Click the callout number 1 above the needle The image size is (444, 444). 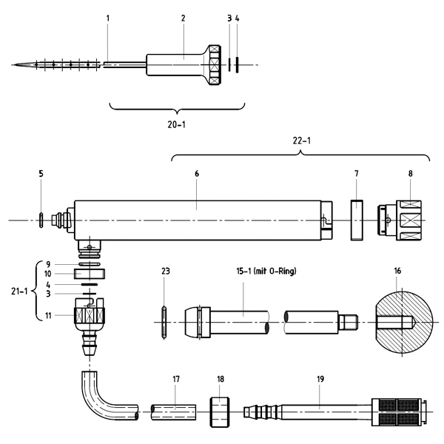pos(107,17)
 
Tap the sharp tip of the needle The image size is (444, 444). pos(14,65)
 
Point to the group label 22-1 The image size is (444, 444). pos(301,141)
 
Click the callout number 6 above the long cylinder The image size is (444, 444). pos(196,174)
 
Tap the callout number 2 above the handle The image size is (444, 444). pos(184,17)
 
